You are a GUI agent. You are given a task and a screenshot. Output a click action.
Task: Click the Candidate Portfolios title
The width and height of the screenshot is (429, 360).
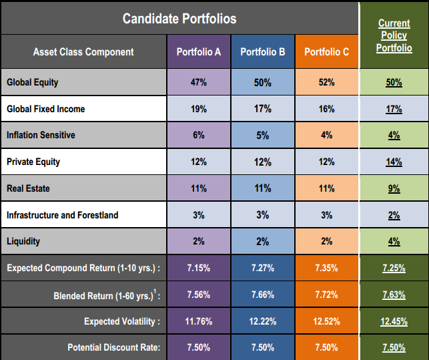[x=179, y=18]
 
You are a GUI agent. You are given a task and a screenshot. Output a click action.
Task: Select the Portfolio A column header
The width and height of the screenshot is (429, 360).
[x=198, y=52]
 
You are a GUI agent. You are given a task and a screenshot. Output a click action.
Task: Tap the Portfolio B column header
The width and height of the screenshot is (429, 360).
[x=263, y=52]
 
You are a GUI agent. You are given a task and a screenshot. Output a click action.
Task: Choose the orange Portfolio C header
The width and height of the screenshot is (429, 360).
[x=326, y=52]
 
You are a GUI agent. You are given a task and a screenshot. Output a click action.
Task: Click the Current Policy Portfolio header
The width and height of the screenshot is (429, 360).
[x=394, y=35]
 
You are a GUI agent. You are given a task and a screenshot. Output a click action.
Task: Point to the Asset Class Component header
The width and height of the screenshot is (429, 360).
[x=83, y=52]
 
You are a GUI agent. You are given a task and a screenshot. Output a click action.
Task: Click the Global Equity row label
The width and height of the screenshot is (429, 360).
[x=33, y=82]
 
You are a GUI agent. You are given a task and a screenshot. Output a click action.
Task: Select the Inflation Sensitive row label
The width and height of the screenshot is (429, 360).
[x=41, y=135]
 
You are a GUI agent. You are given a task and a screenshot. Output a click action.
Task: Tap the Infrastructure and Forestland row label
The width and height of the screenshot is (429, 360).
[x=62, y=215]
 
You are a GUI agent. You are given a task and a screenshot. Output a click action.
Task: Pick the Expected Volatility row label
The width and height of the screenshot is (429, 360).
[x=122, y=321]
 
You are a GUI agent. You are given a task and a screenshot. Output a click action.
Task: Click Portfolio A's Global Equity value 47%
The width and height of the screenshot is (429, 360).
[x=198, y=82]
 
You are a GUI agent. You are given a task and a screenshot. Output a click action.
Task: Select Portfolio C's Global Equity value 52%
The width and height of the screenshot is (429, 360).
[x=326, y=82]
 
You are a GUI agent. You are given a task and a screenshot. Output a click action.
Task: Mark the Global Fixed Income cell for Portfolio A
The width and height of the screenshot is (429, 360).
[x=198, y=109]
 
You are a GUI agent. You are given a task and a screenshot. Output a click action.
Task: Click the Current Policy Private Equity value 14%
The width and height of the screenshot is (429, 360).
[x=394, y=162]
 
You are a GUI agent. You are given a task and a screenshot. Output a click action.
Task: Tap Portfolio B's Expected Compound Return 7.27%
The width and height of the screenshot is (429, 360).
[x=263, y=268]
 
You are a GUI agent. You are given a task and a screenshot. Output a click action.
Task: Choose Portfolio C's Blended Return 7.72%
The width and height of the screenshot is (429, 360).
[x=326, y=295]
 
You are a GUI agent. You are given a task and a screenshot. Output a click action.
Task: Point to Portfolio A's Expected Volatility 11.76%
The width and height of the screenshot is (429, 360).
[x=198, y=321]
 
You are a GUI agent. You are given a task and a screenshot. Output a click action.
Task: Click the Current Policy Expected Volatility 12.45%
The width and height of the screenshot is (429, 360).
[x=394, y=321]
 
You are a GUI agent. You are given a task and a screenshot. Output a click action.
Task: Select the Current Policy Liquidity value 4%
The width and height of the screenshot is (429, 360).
[x=394, y=241]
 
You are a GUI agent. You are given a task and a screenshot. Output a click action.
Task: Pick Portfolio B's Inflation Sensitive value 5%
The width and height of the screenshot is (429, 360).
[x=263, y=135]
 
